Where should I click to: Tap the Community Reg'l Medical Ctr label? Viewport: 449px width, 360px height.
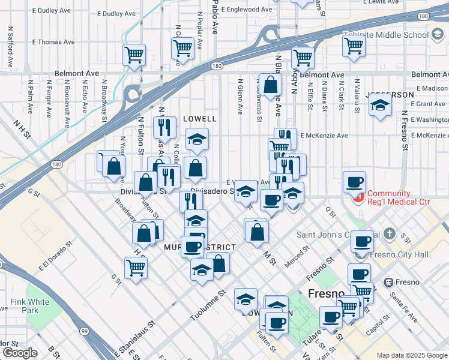tap(399, 197)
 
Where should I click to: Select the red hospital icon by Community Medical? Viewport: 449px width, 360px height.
tap(358, 196)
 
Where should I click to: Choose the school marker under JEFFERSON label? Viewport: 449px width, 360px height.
tap(380, 106)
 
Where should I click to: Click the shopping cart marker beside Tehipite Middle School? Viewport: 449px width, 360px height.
tap(354, 46)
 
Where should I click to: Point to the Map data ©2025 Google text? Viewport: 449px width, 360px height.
tap(411, 355)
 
